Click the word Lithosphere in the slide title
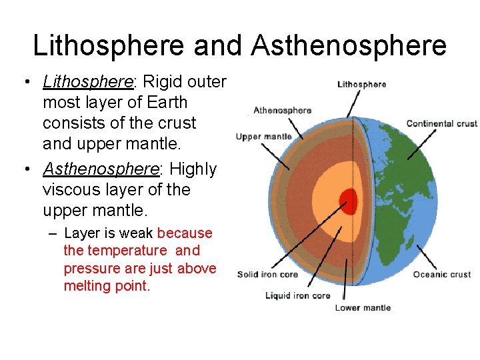tap(108, 46)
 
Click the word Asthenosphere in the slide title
tap(349, 46)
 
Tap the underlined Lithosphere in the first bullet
tap(88, 82)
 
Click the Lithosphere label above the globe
tap(362, 85)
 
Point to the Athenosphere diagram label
tap(282, 110)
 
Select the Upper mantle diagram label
tap(264, 137)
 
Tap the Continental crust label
tap(441, 123)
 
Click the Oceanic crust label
tap(441, 275)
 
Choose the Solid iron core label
tap(267, 275)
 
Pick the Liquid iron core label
tap(297, 295)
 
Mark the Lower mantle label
tap(363, 308)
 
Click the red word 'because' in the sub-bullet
tap(185, 233)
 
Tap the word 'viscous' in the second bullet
tap(69, 190)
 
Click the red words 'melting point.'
tap(107, 286)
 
